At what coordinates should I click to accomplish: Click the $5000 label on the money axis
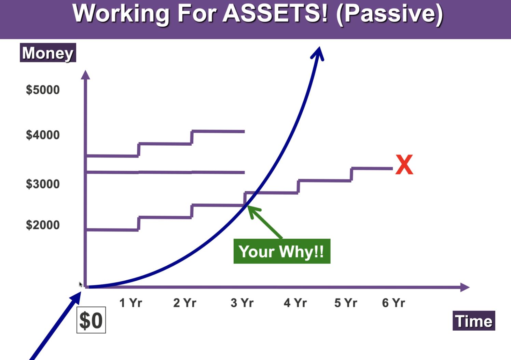43,90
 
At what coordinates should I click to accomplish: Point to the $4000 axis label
43,135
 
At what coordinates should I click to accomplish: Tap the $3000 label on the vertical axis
43,184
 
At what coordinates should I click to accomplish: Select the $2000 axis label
43,225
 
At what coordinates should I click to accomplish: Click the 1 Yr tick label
131,303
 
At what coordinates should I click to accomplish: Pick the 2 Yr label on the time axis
185,303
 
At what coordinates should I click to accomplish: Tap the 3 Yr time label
242,303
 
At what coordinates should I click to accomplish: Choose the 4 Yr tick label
295,303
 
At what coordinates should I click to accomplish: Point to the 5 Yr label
346,303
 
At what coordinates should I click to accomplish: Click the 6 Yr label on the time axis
393,303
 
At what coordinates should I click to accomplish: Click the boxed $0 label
91,320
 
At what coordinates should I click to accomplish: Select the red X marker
404,164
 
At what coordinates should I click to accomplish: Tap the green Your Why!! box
282,251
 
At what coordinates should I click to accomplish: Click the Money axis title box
48,53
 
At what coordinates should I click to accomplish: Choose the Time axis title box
474,321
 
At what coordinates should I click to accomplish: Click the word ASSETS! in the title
275,13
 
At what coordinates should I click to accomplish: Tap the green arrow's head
253,211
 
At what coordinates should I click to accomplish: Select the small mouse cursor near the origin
81,284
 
